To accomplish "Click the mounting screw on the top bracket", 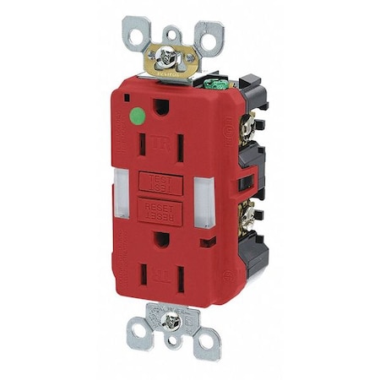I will tap(167, 55).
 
